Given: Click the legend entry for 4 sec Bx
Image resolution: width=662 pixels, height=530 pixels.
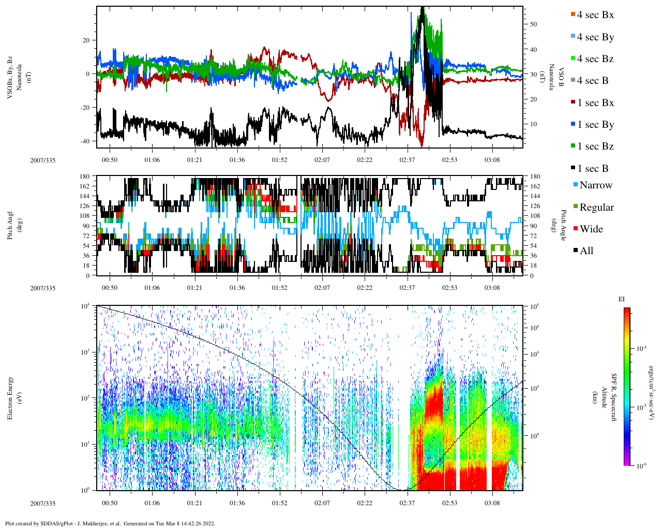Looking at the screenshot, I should coord(595,15).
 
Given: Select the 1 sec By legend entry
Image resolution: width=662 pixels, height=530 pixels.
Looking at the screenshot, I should coord(595,125).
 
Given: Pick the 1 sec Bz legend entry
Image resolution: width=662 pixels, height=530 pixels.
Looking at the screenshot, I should coord(595,146).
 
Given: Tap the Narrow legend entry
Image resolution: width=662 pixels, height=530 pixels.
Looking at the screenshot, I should coord(595,185).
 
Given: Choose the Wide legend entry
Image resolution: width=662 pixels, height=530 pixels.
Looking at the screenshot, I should coord(591,229).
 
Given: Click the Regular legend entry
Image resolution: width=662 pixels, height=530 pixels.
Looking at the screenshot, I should coord(596,208).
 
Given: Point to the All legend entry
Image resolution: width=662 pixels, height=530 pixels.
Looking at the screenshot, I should coord(586,251).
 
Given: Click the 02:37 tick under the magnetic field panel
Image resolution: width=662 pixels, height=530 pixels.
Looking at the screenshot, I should coord(407,160).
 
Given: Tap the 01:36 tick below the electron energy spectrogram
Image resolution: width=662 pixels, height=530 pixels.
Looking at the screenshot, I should coord(237,503).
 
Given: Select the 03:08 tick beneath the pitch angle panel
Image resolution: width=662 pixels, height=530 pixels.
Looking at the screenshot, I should coord(492,288).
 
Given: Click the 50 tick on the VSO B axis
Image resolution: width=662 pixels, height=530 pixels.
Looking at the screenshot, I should coord(533,24).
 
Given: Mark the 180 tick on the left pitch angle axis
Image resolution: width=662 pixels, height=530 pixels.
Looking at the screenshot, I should coord(85,176).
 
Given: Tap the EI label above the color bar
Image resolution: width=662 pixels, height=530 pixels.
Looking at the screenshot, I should coord(622,299).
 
